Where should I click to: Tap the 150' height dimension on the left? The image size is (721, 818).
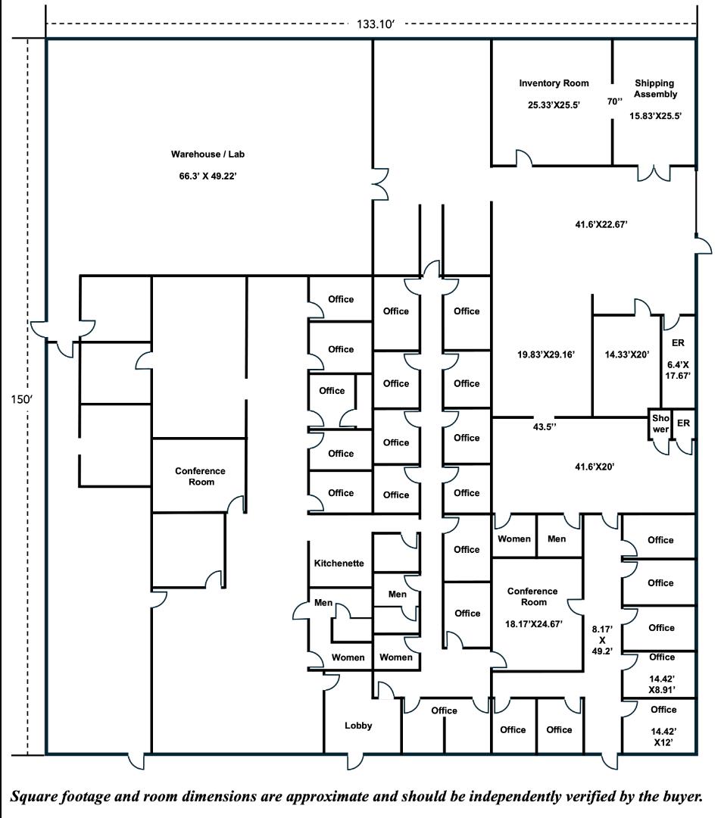point(17,399)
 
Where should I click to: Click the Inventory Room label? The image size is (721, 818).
point(554,83)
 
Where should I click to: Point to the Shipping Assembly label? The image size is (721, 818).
point(654,89)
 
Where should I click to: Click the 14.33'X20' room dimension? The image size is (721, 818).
point(626,354)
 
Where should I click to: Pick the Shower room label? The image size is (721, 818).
point(660,423)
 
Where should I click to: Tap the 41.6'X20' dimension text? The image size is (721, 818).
point(595,467)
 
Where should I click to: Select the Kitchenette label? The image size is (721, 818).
point(339,564)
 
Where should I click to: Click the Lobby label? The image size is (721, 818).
point(358,726)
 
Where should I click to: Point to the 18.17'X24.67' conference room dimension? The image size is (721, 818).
point(532,623)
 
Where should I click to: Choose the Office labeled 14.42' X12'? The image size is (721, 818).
point(663,726)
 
